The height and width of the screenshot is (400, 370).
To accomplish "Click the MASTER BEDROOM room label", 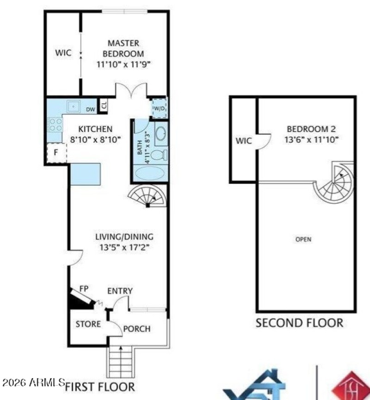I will [123, 48].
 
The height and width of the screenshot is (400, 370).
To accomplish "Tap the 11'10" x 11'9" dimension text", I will [123, 64].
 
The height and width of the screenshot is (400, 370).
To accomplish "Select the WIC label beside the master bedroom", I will [63, 53].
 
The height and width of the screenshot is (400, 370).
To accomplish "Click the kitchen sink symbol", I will [73, 106].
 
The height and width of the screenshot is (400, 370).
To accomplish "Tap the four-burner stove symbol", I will [55, 124].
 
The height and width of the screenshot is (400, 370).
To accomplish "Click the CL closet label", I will [104, 105].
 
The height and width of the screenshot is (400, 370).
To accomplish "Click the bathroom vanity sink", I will [160, 134].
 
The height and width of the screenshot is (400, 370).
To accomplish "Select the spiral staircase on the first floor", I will [148, 196].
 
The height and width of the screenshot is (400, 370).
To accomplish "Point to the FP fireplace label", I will [84, 288].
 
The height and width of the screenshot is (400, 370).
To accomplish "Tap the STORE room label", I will [88, 324].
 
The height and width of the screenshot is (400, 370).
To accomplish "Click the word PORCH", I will [137, 329].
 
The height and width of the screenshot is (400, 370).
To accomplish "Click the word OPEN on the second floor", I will [303, 239].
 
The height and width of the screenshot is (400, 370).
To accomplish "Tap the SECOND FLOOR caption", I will [299, 322].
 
